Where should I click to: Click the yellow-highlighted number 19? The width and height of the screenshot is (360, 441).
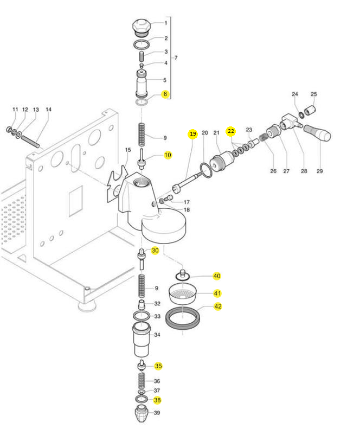(192, 133)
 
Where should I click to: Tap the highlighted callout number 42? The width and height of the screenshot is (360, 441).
(217, 306)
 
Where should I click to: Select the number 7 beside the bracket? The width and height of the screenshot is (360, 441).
(176, 57)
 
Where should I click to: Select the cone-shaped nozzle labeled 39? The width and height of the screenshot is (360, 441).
(141, 416)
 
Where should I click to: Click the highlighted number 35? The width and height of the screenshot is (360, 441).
(158, 366)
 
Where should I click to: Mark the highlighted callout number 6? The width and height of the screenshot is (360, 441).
(165, 94)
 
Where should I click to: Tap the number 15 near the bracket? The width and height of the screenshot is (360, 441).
(128, 150)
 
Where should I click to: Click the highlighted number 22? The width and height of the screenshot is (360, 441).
(231, 131)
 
